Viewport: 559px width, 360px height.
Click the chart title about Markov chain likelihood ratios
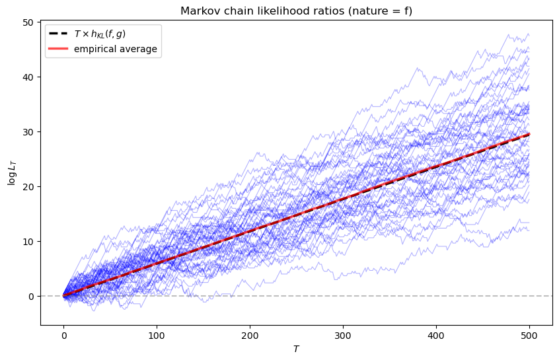pyautogui.click(x=296, y=11)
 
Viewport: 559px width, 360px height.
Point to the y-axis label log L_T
pyautogui.click(x=12, y=172)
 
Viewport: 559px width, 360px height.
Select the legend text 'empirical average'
pyautogui.click(x=116, y=50)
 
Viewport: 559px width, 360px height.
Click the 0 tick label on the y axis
pyautogui.click(x=32, y=297)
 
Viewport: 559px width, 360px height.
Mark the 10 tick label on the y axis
pyautogui.click(x=29, y=242)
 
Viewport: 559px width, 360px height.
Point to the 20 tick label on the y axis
pyautogui.click(x=29, y=187)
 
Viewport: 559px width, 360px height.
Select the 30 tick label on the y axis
pyautogui.click(x=29, y=132)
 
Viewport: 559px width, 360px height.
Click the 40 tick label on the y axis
pyautogui.click(x=29, y=77)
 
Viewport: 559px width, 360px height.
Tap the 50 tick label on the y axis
pyautogui.click(x=29, y=22)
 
